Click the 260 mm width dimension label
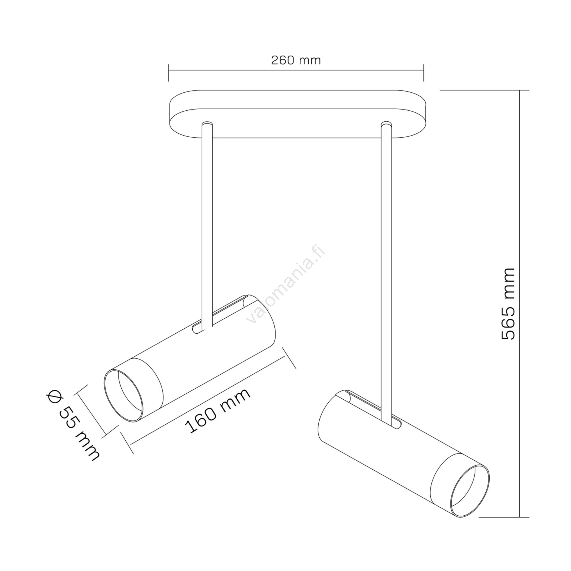pyautogui.click(x=296, y=60)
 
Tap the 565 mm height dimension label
pyautogui.click(x=508, y=303)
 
